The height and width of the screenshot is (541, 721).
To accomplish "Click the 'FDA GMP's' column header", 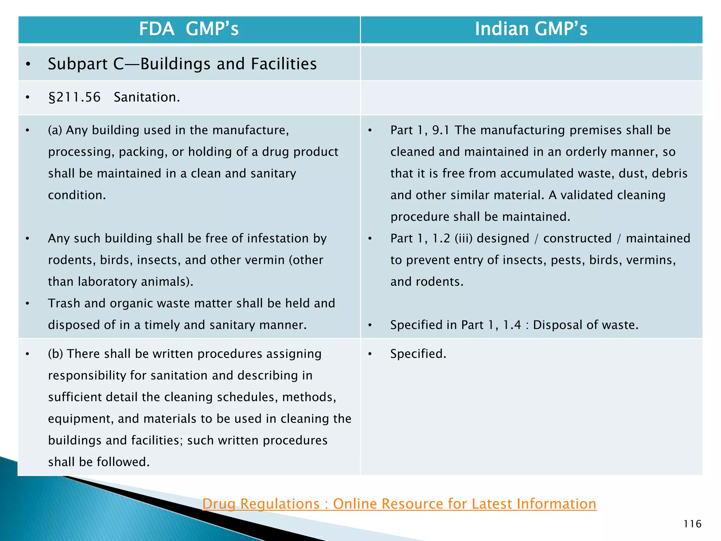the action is [189, 29].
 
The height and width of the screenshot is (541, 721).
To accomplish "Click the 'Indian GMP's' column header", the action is [531, 29].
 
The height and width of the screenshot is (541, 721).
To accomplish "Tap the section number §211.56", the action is [74, 97].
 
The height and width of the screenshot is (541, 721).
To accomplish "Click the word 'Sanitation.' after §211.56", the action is [147, 97].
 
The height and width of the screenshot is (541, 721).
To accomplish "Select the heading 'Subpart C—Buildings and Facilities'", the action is [182, 64].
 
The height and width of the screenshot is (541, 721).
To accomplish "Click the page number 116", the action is [692, 524].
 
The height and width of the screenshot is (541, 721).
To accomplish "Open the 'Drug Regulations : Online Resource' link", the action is [399, 504].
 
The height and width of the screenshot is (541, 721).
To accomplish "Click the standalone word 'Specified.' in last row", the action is [418, 354].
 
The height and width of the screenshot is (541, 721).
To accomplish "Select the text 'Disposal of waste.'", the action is [585, 325].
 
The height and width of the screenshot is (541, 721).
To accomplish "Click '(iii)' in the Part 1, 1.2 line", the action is [463, 238].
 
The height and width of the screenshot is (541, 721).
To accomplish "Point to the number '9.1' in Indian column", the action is [441, 130].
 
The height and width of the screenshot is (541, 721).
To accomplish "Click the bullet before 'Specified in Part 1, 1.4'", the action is [370, 325].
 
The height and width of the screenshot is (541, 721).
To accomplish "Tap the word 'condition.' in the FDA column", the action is [77, 195].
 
